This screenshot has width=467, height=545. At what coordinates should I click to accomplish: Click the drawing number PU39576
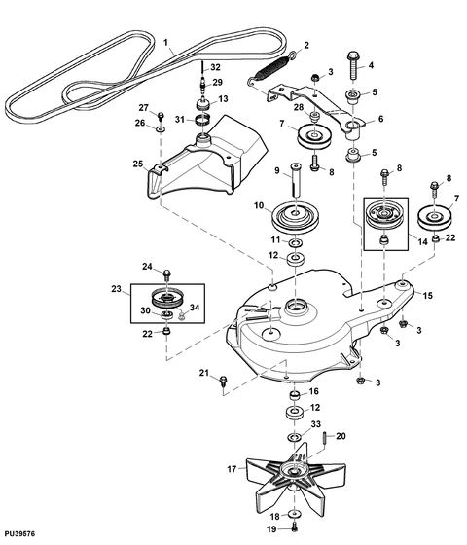(19, 533)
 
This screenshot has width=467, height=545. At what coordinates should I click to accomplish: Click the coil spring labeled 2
(271, 68)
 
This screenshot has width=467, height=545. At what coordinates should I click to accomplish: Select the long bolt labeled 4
(353, 66)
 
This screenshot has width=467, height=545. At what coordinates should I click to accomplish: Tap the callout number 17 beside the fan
(232, 469)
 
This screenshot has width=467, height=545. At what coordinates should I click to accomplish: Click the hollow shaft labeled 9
(296, 179)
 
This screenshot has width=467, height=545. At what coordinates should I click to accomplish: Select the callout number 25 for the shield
(138, 163)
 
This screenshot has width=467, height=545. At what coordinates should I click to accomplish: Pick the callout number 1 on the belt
(165, 43)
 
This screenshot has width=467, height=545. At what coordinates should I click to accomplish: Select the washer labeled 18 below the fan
(295, 514)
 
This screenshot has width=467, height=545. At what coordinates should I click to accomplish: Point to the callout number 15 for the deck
(428, 296)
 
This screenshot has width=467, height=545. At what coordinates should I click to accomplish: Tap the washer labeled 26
(161, 129)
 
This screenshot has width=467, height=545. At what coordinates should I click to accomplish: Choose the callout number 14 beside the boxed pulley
(422, 241)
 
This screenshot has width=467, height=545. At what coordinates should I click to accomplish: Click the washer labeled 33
(295, 436)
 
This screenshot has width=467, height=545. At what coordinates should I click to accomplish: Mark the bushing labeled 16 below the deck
(295, 395)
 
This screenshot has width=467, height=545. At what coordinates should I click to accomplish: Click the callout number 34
(195, 308)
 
